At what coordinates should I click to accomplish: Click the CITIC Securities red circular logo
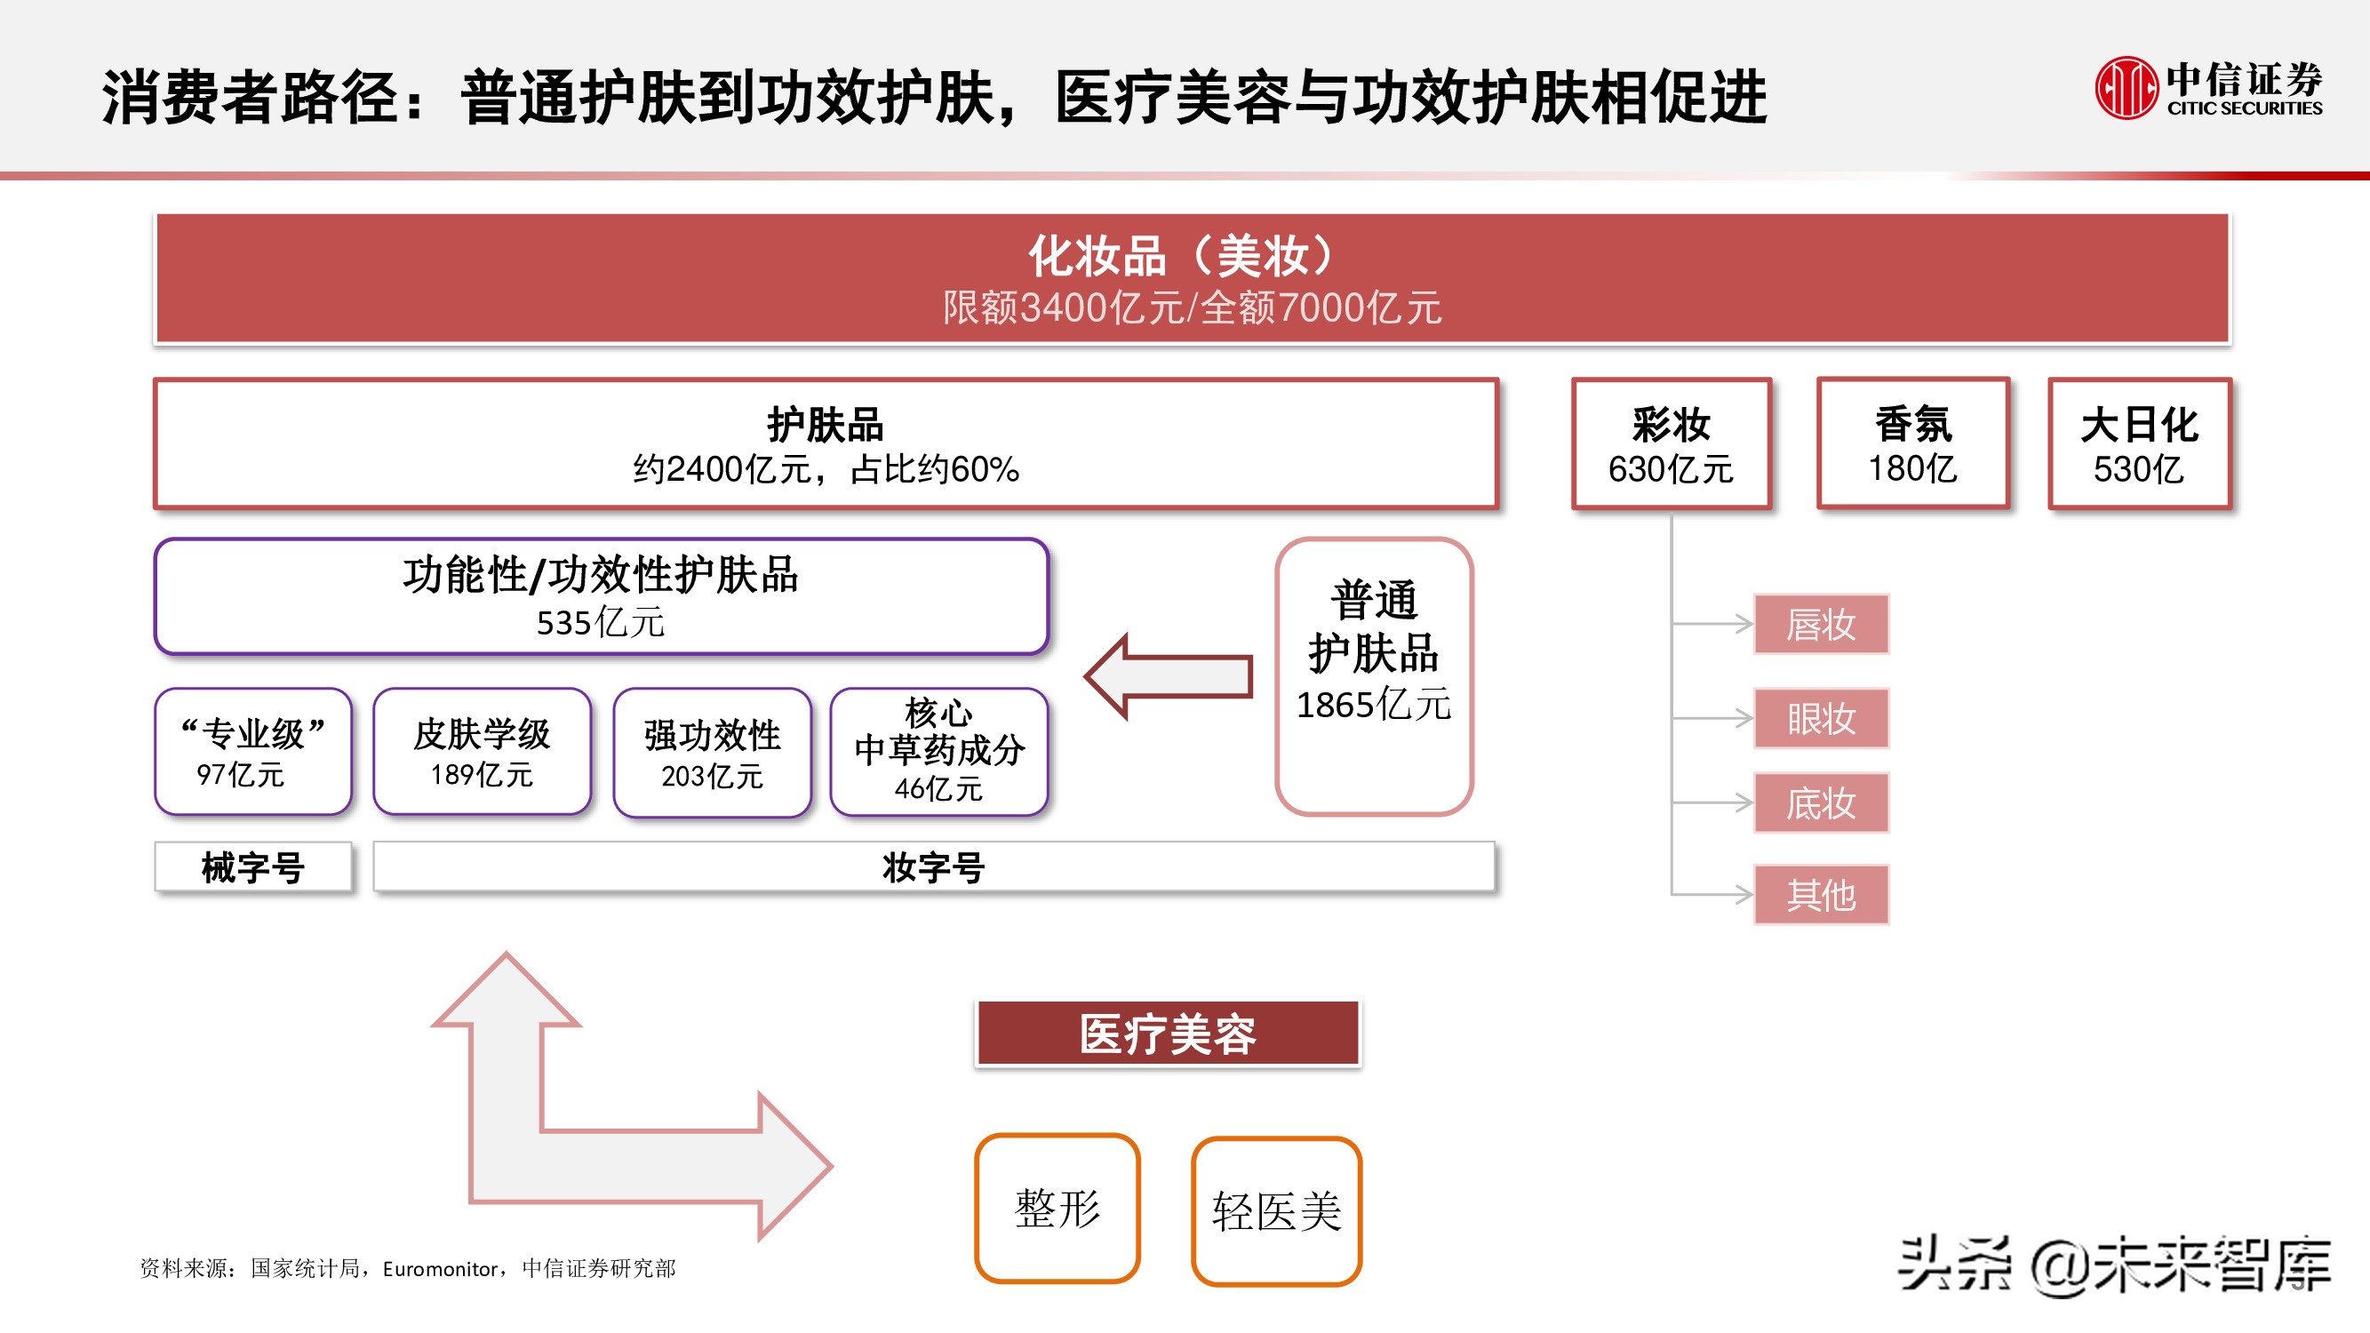click(2126, 87)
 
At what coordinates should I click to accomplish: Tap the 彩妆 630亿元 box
click(1671, 444)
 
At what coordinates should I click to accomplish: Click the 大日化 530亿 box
click(2139, 444)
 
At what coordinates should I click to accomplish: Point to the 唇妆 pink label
click(1821, 625)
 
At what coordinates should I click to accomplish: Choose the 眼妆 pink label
click(1821, 718)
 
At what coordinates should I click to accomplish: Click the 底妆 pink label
click(1821, 803)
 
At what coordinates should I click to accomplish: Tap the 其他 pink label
click(1821, 894)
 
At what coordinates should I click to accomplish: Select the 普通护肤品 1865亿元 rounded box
click(1374, 676)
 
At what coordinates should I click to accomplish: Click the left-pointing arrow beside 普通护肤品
click(1170, 677)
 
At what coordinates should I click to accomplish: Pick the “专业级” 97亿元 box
click(253, 752)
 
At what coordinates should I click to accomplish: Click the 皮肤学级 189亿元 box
click(481, 752)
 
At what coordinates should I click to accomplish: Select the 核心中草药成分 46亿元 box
click(938, 752)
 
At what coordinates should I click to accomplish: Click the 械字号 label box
click(253, 866)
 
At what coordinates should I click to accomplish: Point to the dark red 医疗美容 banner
click(1167, 1034)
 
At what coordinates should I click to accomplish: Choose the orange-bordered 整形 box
click(1057, 1208)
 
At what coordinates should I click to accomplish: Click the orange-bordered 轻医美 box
click(1276, 1210)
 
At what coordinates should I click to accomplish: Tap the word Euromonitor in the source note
click(440, 1270)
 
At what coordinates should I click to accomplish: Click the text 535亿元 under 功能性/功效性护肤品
click(600, 623)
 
